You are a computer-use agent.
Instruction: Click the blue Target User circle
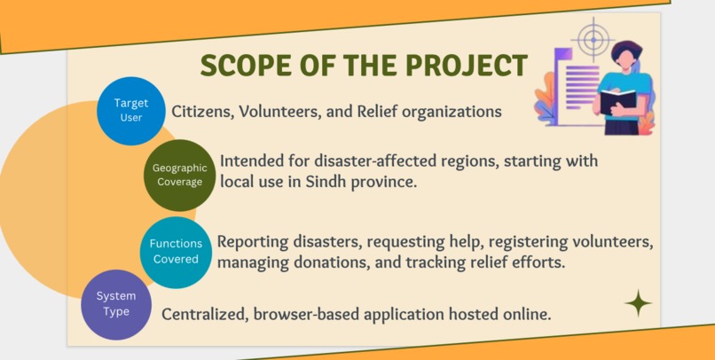point(131,111)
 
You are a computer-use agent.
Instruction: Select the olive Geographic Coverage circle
point(179,175)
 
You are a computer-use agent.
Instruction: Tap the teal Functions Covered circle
point(174,252)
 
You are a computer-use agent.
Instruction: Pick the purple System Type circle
point(116,304)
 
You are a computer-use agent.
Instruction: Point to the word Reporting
point(255,242)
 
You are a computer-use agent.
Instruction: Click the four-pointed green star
point(637,304)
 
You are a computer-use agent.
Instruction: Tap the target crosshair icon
point(591,38)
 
